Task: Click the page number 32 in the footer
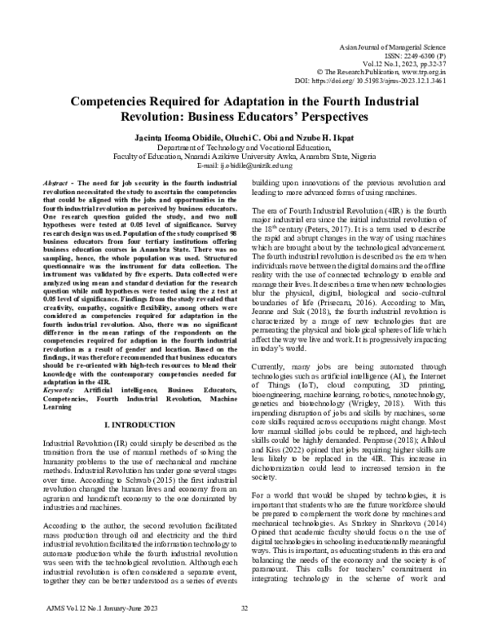(x=244, y=609)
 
